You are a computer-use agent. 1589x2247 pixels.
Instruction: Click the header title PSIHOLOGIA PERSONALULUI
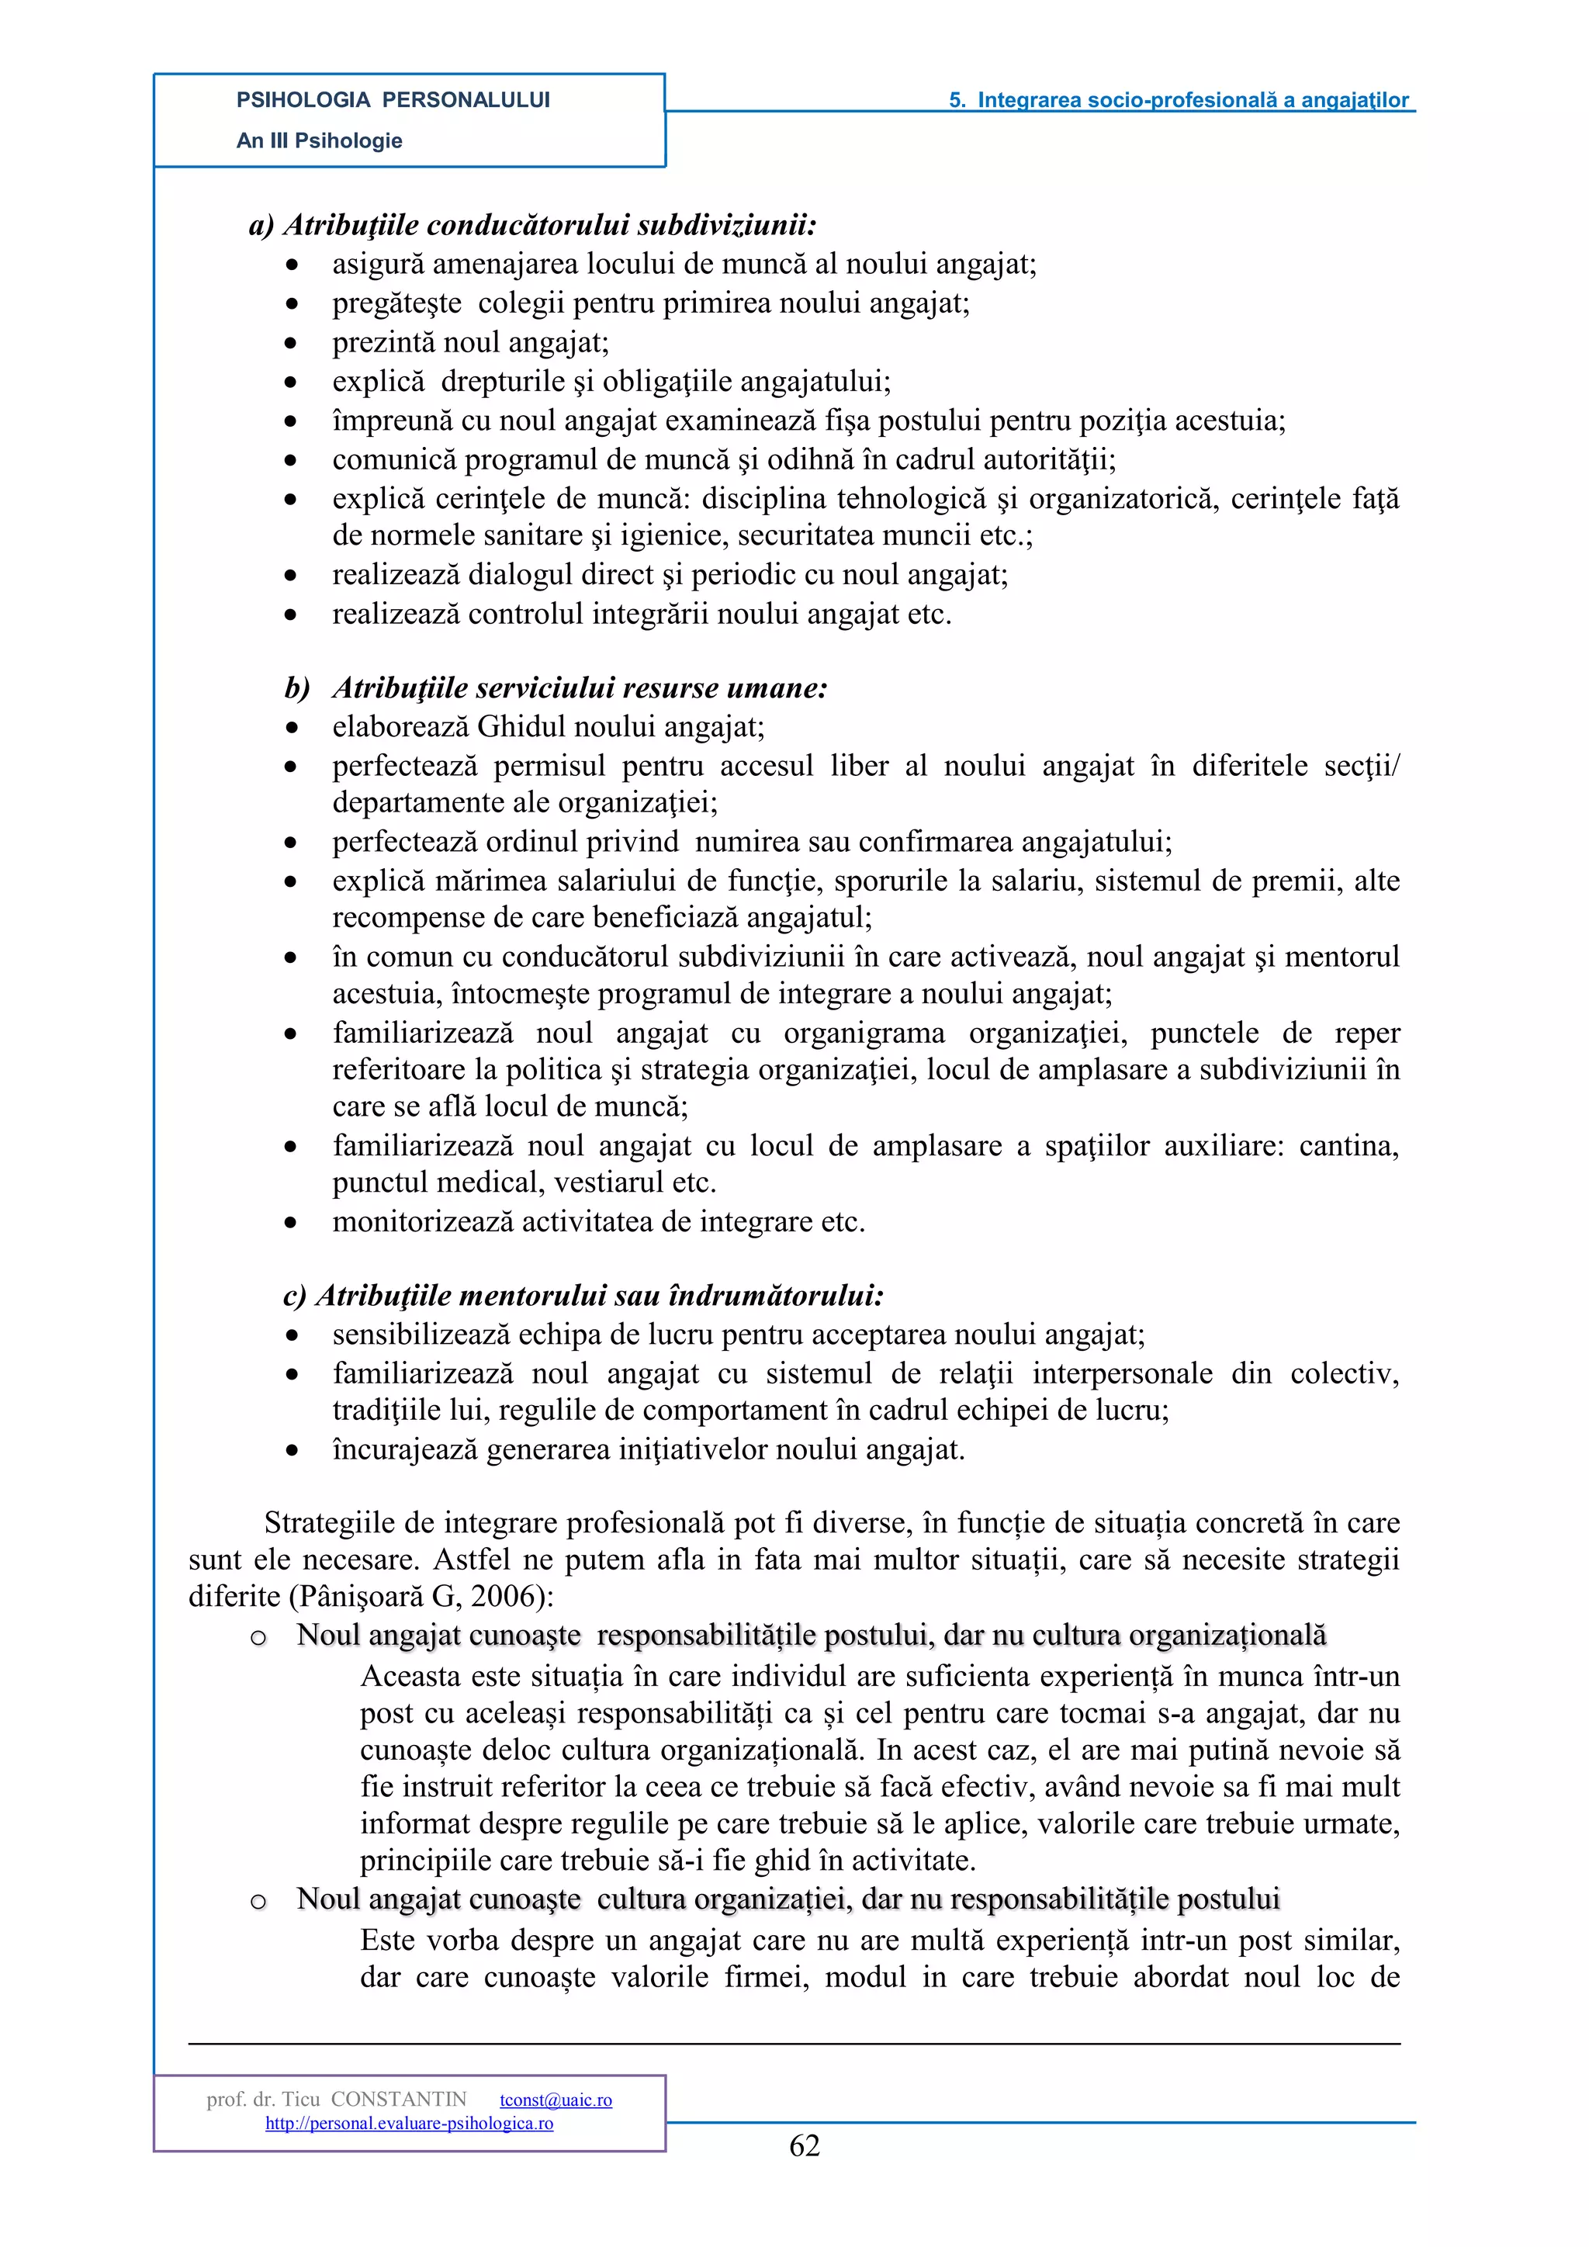pyautogui.click(x=393, y=100)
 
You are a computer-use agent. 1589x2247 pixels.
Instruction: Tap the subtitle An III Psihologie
pyautogui.click(x=319, y=141)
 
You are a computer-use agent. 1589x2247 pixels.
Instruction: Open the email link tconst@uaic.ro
pyautogui.click(x=556, y=2100)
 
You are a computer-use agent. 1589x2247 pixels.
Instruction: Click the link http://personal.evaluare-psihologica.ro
pyautogui.click(x=409, y=2123)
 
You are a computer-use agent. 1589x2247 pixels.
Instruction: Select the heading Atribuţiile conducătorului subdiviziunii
pyautogui.click(x=549, y=225)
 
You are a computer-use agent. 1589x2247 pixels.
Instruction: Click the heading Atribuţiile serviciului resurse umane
pyautogui.click(x=580, y=688)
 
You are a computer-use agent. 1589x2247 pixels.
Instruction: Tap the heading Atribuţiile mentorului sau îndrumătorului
pyautogui.click(x=599, y=1296)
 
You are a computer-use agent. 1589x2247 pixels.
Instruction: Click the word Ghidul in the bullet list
pyautogui.click(x=518, y=727)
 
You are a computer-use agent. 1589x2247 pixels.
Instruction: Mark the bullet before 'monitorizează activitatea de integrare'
pyautogui.click(x=291, y=1222)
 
